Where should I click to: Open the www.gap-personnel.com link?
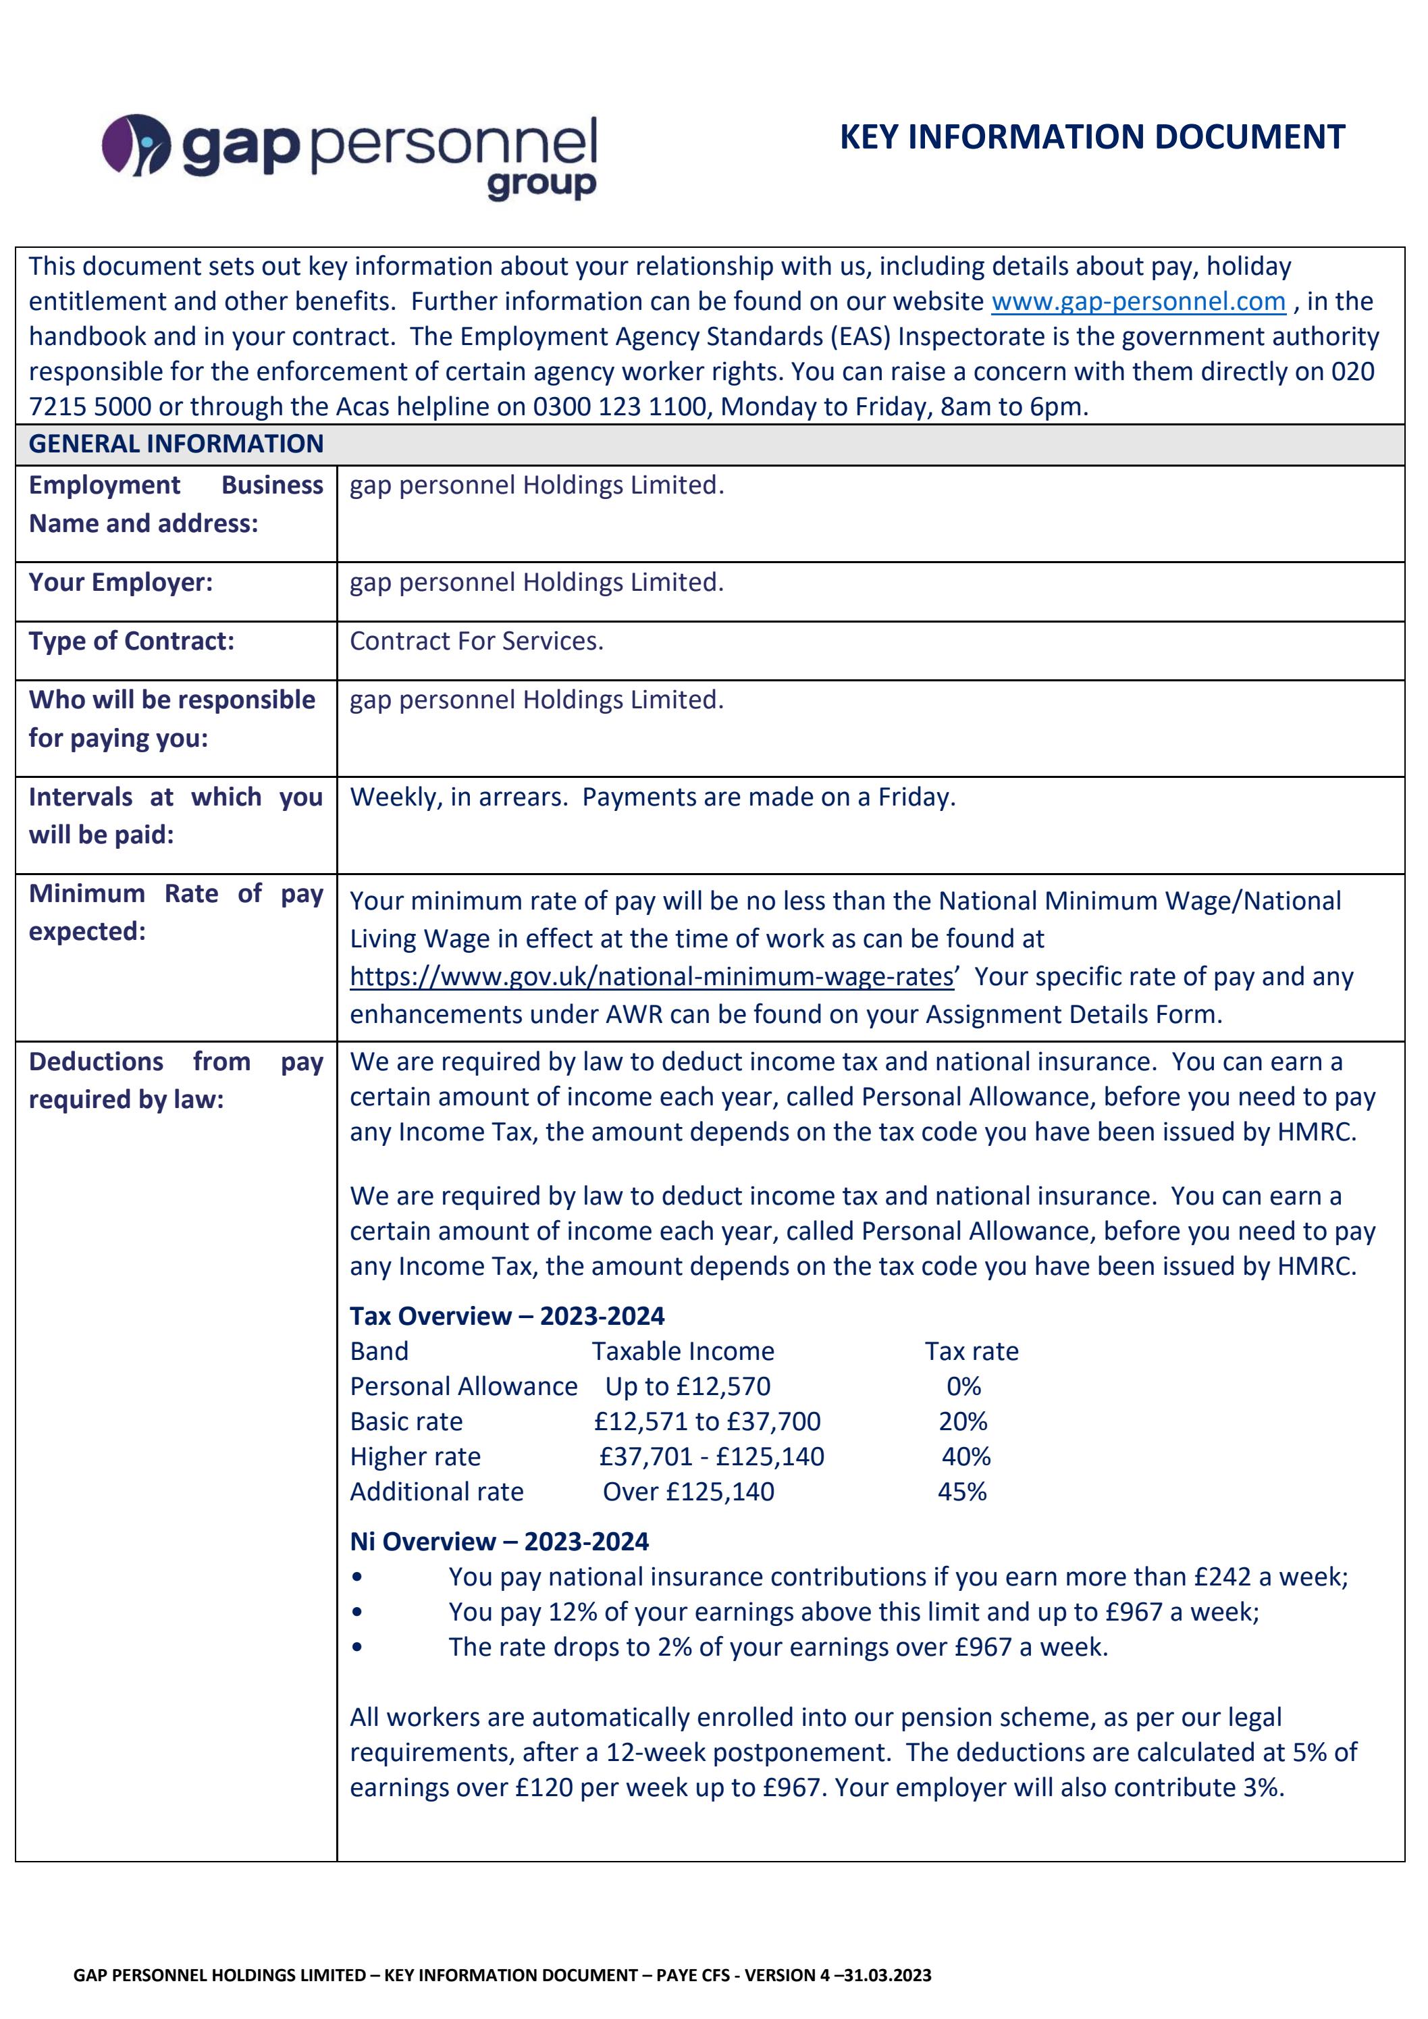coord(1138,302)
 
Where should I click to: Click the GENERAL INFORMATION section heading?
coord(176,444)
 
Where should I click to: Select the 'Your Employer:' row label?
coord(120,582)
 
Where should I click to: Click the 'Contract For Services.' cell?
coord(477,641)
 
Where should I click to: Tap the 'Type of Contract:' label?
coord(131,641)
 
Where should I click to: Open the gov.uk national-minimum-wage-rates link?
coord(652,977)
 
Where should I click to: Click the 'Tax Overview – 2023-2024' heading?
coord(506,1316)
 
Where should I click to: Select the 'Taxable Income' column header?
coord(683,1352)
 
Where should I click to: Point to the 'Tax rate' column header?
coord(971,1352)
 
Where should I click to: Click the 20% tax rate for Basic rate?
coord(962,1422)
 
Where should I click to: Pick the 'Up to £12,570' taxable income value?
coord(687,1387)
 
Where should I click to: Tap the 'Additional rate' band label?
coord(436,1492)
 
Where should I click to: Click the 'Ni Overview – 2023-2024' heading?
coord(498,1542)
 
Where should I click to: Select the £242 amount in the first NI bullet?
coord(1221,1577)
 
